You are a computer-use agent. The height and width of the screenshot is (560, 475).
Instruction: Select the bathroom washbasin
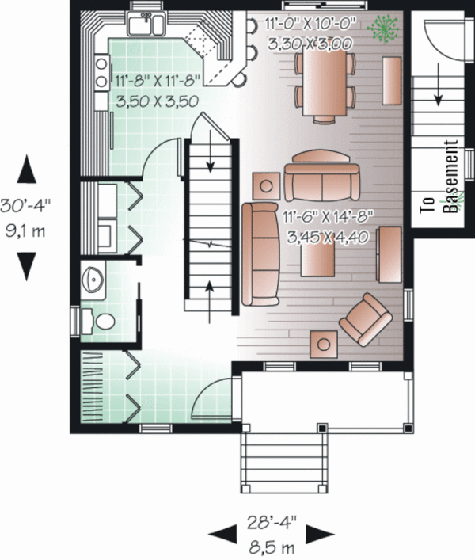(92, 279)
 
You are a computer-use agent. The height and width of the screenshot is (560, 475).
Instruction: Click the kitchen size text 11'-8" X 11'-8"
(157, 80)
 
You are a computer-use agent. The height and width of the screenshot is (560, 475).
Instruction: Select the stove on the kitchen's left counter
(101, 71)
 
